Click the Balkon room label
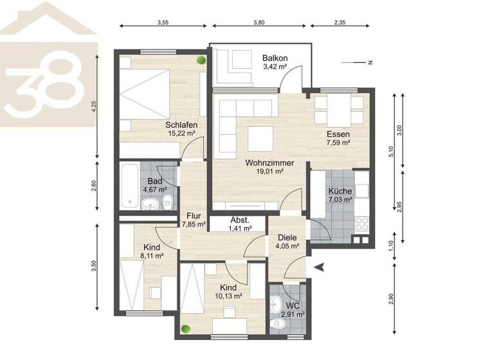[274, 58]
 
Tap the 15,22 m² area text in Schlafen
[180, 133]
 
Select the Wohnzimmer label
[270, 163]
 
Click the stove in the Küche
[361, 224]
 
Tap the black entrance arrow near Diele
[316, 267]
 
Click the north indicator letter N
[370, 62]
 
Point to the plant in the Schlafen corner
[201, 60]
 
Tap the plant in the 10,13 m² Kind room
[186, 328]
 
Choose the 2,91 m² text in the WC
[294, 314]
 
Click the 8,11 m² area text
[151, 255]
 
